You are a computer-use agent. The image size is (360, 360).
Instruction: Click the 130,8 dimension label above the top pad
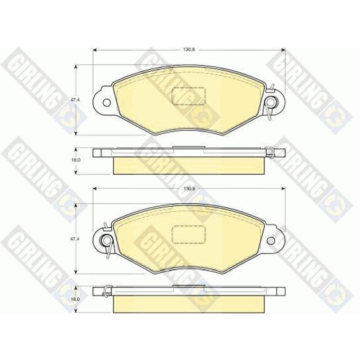[x=189, y=50]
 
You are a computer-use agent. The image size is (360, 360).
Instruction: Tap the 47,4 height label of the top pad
[x=73, y=100]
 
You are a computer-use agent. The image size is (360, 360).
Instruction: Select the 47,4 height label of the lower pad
[x=73, y=239]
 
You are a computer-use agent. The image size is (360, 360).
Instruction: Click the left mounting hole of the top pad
[x=107, y=103]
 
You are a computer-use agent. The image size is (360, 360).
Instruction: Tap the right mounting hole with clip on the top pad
[x=271, y=101]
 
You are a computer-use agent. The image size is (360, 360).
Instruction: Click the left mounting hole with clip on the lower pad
[x=106, y=240]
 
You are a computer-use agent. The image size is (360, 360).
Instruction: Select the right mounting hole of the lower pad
[x=271, y=240]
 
